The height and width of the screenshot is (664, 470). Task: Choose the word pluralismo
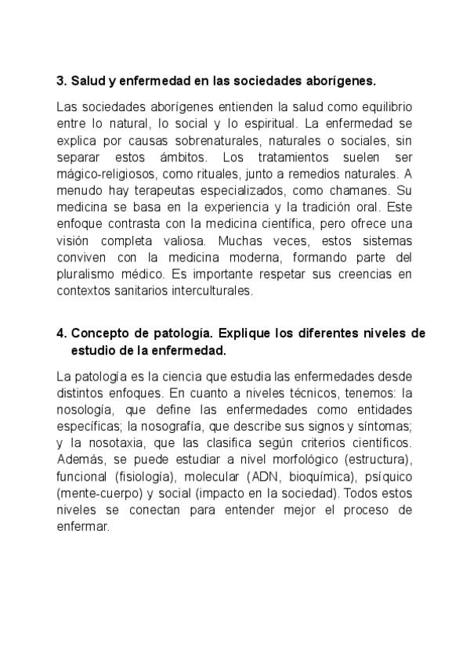coord(87,274)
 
